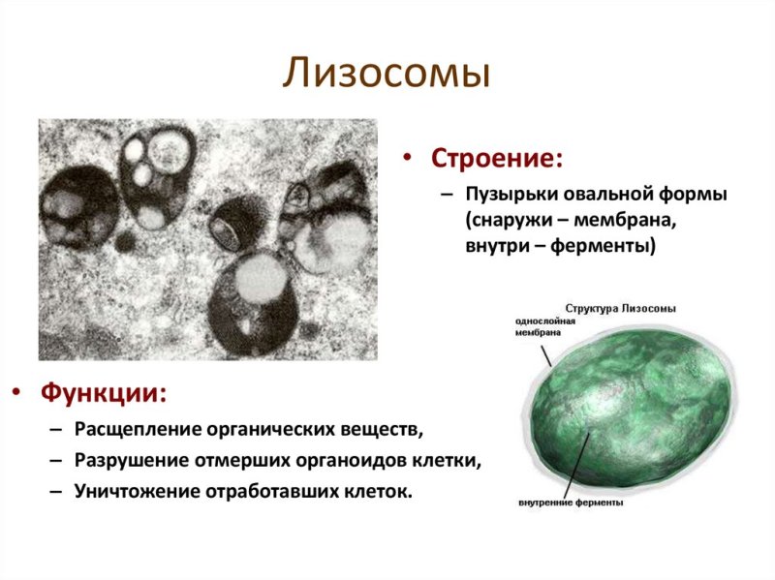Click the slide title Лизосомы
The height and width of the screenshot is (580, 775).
click(x=387, y=74)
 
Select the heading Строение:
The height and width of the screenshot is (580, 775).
click(x=497, y=158)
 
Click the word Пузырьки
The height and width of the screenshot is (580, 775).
click(x=507, y=196)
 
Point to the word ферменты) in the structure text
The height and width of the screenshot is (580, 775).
click(x=604, y=247)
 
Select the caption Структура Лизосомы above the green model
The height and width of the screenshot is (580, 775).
click(x=619, y=308)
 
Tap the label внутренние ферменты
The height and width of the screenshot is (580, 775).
click(x=571, y=504)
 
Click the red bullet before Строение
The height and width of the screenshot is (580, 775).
click(x=410, y=159)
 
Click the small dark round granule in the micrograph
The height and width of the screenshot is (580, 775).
click(x=124, y=240)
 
